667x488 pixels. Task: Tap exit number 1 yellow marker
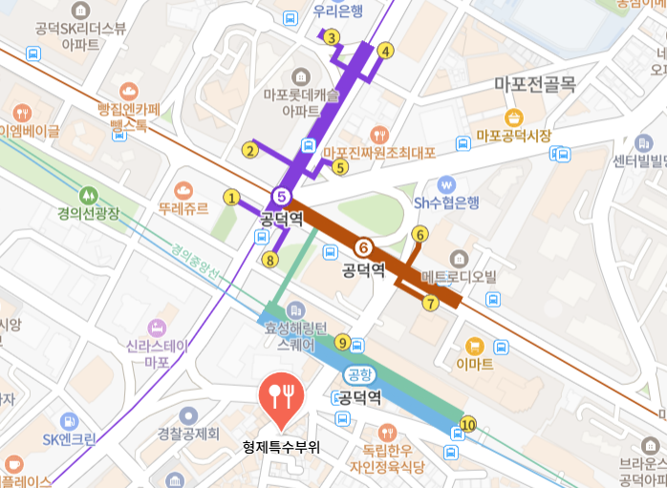[x=230, y=198]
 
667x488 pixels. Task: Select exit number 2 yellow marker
[x=250, y=149]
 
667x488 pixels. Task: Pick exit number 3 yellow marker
[x=331, y=38]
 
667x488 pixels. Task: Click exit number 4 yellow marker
[x=385, y=51]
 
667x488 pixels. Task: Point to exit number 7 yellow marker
[x=430, y=304]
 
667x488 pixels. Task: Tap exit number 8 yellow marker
[x=270, y=259]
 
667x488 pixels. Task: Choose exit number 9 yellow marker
[x=343, y=342]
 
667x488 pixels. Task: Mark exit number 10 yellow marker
[x=467, y=424]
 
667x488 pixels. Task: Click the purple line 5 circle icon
[x=280, y=196]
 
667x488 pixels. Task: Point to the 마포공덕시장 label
[x=514, y=137]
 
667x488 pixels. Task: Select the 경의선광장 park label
[x=89, y=214]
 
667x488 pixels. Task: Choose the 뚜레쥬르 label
[x=183, y=209]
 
